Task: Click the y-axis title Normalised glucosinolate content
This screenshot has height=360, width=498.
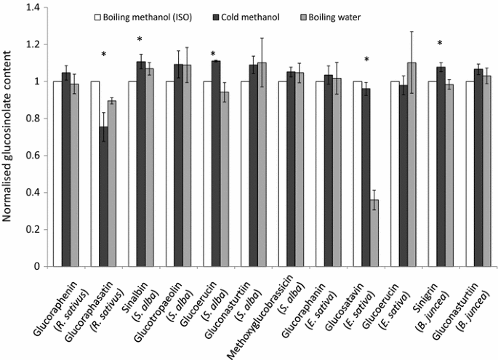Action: pyautogui.click(x=10, y=138)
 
